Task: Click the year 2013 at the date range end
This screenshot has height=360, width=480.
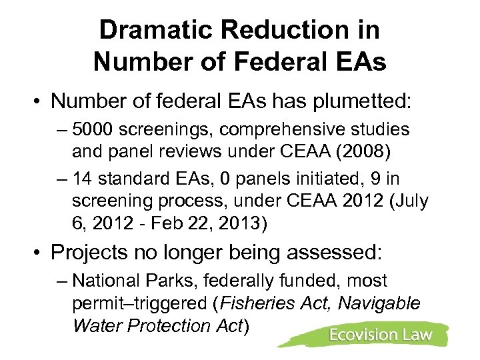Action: (243, 222)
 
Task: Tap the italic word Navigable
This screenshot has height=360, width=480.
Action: (379, 303)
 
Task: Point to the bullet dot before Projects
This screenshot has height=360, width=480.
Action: (37, 254)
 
